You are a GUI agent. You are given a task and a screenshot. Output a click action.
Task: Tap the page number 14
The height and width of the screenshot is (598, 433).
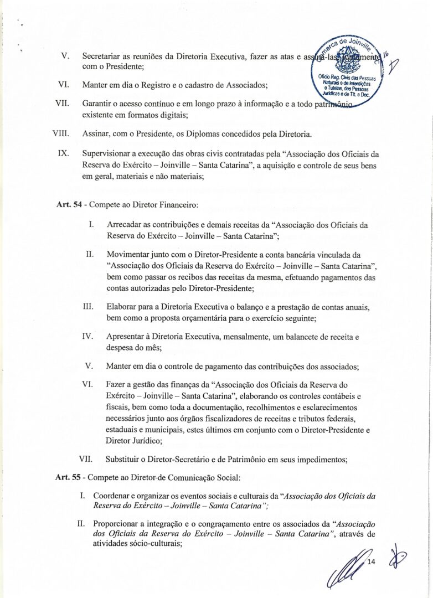tap(371, 563)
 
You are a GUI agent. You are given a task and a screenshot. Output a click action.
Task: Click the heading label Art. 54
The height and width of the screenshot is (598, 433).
tap(69, 205)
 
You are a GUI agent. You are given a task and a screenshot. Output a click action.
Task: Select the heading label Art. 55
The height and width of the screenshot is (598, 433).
tap(69, 477)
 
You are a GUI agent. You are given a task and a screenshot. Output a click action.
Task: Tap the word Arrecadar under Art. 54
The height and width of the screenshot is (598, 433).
tap(125, 225)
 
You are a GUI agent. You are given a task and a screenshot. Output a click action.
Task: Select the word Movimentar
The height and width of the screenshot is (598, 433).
tap(128, 255)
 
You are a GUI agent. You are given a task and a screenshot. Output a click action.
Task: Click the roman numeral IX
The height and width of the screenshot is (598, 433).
tap(63, 153)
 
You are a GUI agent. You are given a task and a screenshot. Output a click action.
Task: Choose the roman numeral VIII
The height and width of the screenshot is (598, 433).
tap(60, 134)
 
